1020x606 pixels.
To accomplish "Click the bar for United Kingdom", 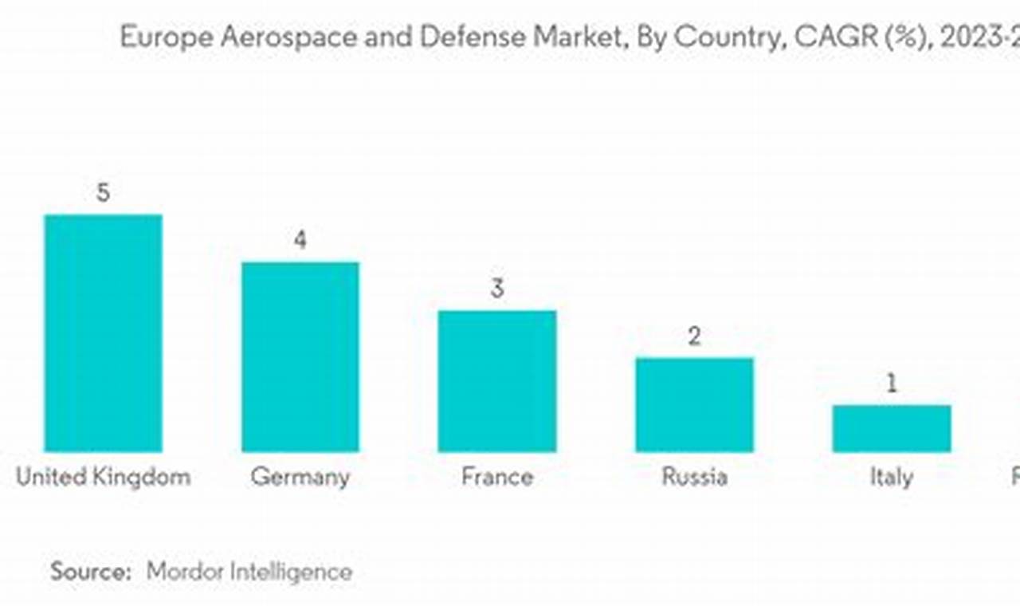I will click(x=103, y=333).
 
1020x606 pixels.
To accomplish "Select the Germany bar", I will click(x=300, y=357).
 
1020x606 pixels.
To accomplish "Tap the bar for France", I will click(x=497, y=381).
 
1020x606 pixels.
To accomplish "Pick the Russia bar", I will click(x=694, y=405).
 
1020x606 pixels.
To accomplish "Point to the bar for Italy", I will click(x=892, y=428).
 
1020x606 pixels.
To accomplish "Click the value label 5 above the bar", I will click(x=103, y=194).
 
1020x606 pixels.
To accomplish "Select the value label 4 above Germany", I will click(x=300, y=241).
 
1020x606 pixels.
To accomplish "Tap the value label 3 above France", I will click(x=497, y=289).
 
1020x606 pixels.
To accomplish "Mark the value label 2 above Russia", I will click(x=694, y=336).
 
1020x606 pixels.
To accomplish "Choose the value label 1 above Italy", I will click(x=892, y=384).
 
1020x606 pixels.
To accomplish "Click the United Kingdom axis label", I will click(x=103, y=477).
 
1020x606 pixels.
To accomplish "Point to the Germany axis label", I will click(x=300, y=477).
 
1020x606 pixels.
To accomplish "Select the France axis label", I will click(x=497, y=477).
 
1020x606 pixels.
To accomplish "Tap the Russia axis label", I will click(x=694, y=477).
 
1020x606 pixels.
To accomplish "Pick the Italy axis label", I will click(x=892, y=477).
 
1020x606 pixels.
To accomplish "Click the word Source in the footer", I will click(x=90, y=571).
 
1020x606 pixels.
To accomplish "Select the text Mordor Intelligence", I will click(x=249, y=571).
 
